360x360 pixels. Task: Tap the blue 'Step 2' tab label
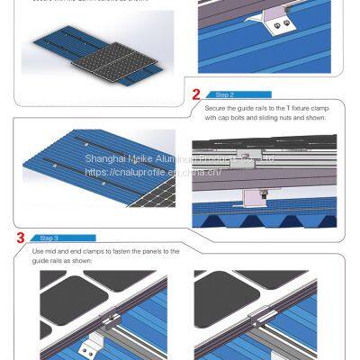click(x=225, y=94)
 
